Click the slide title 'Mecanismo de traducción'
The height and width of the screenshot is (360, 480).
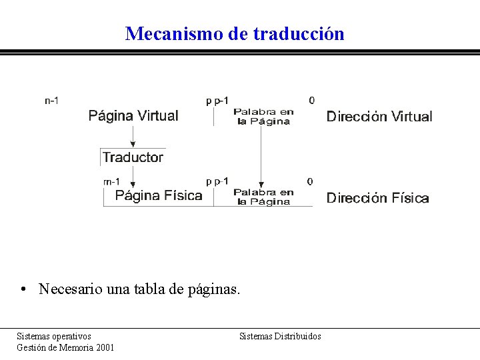tap(235, 33)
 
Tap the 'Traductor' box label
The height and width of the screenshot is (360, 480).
tap(133, 157)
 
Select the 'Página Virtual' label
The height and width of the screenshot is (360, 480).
tap(133, 116)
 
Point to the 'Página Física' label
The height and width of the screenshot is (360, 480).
tap(159, 195)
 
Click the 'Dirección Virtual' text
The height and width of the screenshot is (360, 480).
tap(379, 117)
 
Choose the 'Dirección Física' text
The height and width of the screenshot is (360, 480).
tap(377, 198)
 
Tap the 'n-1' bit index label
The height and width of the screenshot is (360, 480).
tap(51, 101)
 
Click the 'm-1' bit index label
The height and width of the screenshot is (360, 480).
tap(111, 181)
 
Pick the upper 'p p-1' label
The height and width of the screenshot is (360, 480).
tap(217, 101)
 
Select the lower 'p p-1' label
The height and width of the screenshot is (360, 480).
tap(217, 181)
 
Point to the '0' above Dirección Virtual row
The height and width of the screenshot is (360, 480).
tap(311, 101)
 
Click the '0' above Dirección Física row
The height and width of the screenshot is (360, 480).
tap(309, 181)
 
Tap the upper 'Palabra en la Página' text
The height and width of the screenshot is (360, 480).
tap(263, 117)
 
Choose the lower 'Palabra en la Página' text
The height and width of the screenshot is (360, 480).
tap(263, 197)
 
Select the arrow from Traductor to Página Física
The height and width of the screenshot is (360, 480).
tap(133, 176)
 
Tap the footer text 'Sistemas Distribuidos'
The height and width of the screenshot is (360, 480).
tap(280, 336)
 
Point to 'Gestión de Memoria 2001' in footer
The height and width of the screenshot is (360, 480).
tap(65, 347)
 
